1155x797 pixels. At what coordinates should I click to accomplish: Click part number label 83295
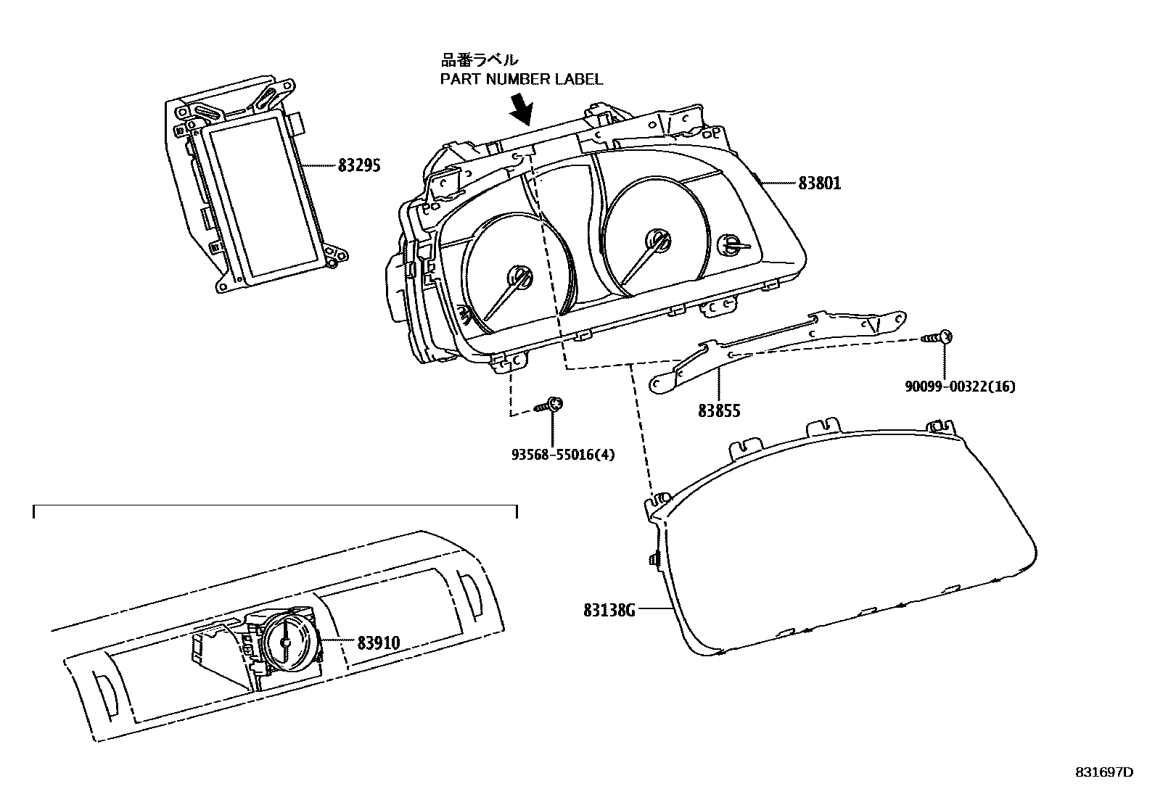tap(359, 165)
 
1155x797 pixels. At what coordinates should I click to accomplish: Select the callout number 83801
tap(819, 183)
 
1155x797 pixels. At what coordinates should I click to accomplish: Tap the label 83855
tap(719, 411)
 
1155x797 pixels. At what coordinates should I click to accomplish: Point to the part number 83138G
tap(609, 611)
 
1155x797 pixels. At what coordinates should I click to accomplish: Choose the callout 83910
tap(378, 642)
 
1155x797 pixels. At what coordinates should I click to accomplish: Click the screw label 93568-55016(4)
tap(562, 455)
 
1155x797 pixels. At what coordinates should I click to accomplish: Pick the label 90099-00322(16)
tap(959, 387)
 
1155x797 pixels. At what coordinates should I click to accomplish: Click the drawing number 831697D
tap(1103, 772)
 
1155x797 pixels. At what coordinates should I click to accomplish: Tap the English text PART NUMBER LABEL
tap(522, 79)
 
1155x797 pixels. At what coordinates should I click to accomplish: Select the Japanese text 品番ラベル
tap(480, 59)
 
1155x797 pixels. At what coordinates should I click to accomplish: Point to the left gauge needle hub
tap(519, 277)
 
